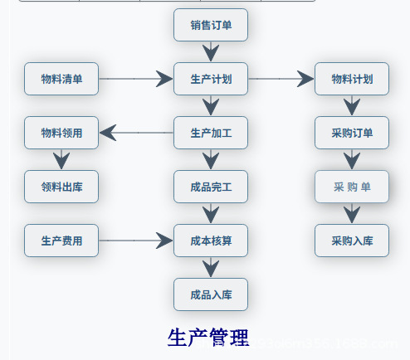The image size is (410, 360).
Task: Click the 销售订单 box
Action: [211, 25]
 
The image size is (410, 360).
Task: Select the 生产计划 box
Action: [211, 80]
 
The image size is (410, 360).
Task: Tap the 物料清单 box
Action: [61, 80]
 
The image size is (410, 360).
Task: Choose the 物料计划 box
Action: [352, 80]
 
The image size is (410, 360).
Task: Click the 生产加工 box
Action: [211, 133]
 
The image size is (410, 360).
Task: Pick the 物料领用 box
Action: [61, 133]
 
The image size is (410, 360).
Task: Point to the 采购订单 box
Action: [352, 133]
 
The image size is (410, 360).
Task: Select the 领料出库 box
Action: [61, 187]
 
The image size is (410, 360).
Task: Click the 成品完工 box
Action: [211, 187]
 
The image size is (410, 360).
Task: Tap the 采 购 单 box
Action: [352, 187]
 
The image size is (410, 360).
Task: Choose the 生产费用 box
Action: [61, 241]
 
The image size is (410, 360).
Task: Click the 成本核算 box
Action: [211, 241]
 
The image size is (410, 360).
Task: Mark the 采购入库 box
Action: [352, 241]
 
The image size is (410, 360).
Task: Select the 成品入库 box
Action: [211, 294]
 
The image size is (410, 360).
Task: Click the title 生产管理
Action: [208, 338]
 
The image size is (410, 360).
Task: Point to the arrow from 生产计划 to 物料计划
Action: [281, 80]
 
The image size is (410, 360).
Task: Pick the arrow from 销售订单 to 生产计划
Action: [211, 52]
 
